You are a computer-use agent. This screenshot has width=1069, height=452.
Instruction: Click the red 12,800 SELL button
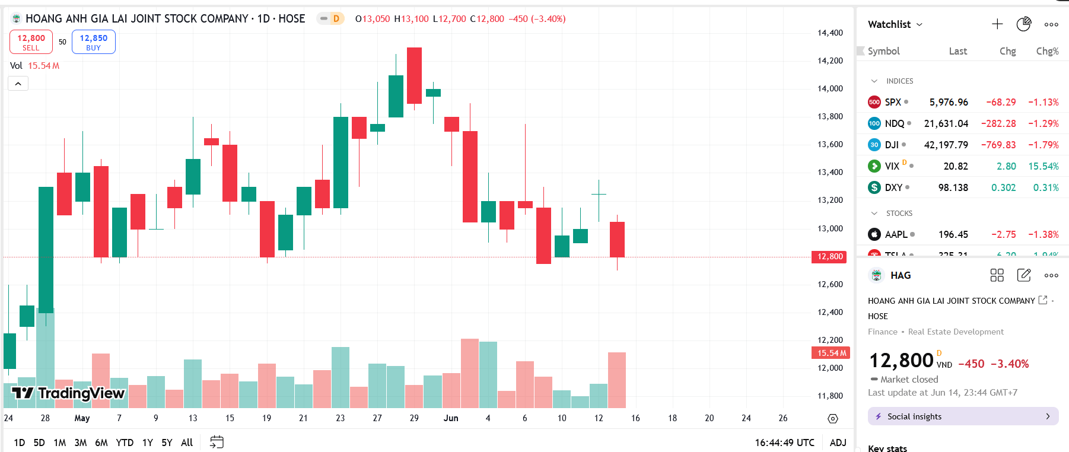[31, 42]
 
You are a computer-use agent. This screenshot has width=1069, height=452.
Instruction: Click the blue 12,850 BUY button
[93, 42]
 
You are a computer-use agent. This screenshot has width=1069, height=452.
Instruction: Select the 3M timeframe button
[81, 443]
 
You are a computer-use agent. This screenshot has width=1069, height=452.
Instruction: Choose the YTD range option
[125, 443]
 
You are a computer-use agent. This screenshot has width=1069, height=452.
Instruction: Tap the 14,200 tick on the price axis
[830, 61]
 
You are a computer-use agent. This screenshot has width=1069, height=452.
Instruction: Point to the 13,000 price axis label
[830, 228]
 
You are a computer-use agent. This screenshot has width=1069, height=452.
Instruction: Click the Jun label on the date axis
[451, 418]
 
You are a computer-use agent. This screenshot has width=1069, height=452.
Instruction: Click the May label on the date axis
[82, 418]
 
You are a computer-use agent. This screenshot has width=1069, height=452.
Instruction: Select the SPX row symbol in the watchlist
[892, 102]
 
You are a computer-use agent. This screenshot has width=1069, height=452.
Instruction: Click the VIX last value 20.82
[956, 166]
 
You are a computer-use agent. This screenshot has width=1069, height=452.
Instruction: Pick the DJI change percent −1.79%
[1043, 145]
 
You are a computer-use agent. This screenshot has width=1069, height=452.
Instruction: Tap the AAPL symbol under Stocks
[896, 234]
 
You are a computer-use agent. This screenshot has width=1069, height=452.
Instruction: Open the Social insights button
[963, 416]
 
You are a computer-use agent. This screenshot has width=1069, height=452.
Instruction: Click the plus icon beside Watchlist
[997, 24]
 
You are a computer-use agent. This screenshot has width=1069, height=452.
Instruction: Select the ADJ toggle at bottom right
[838, 443]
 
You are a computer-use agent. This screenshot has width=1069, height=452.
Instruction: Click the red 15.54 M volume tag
[831, 353]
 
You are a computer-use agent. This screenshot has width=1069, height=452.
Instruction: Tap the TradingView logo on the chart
[68, 393]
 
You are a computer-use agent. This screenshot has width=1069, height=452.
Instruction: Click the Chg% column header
[1047, 51]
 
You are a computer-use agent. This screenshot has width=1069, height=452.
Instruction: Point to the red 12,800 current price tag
[829, 257]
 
